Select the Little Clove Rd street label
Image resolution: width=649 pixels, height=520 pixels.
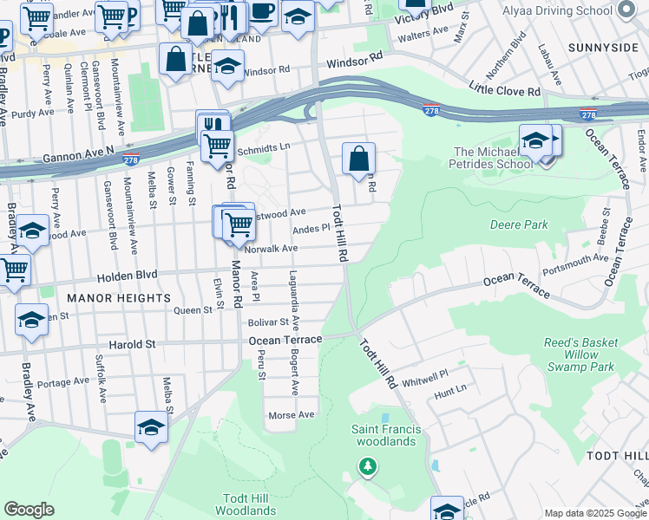[x=504, y=89]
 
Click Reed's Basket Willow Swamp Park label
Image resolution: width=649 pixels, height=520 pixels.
[x=581, y=354]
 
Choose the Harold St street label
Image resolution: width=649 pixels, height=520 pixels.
[x=132, y=344]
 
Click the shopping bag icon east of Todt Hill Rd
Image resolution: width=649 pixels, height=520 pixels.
[x=358, y=159]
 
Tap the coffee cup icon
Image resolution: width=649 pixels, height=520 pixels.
[x=262, y=11]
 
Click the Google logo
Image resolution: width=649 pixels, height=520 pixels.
[x=29, y=510]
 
